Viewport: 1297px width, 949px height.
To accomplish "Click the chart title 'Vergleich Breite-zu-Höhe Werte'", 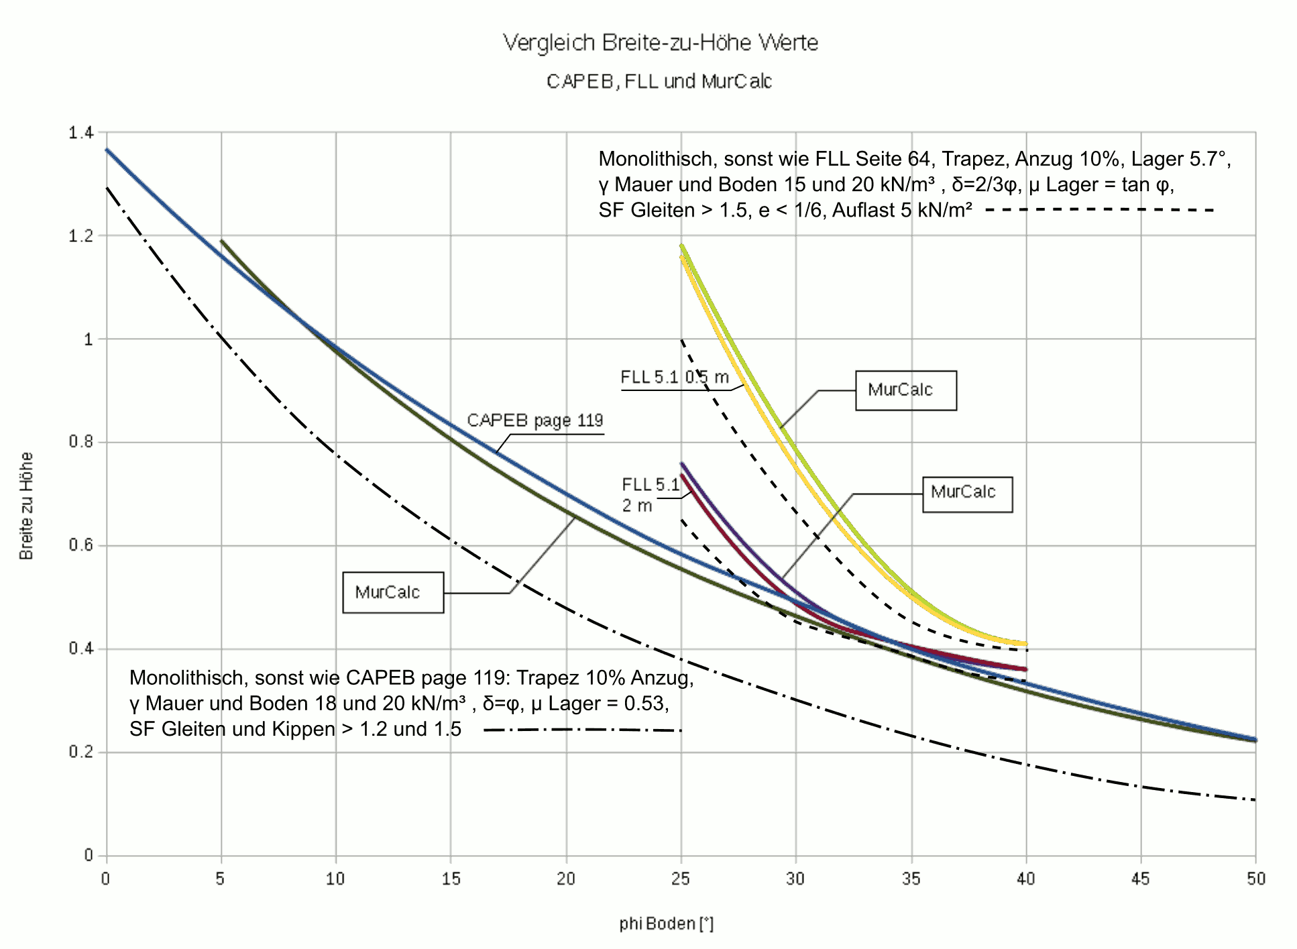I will [x=661, y=43].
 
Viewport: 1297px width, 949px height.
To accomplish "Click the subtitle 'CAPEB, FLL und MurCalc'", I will [x=659, y=82].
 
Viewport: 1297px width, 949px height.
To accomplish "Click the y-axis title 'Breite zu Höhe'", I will [x=26, y=506].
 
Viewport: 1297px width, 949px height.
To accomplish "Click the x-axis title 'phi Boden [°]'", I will [x=666, y=924].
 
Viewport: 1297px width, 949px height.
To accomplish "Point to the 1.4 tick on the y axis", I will [x=80, y=133].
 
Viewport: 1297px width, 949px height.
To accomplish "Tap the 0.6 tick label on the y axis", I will [x=80, y=546].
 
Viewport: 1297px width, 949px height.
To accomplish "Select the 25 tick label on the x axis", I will [x=680, y=879].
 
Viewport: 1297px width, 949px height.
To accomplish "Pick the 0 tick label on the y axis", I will [x=88, y=856].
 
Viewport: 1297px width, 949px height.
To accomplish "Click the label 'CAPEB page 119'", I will [x=534, y=421].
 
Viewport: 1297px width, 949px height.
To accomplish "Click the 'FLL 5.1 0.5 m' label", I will [x=674, y=378].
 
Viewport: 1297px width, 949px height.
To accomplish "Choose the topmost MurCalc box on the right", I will [x=905, y=390].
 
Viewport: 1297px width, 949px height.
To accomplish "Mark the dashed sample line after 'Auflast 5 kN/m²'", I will [x=1100, y=211].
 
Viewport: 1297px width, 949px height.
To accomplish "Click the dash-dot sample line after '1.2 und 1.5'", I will [x=582, y=730].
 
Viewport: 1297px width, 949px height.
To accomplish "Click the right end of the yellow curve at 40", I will [x=1025, y=644].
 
